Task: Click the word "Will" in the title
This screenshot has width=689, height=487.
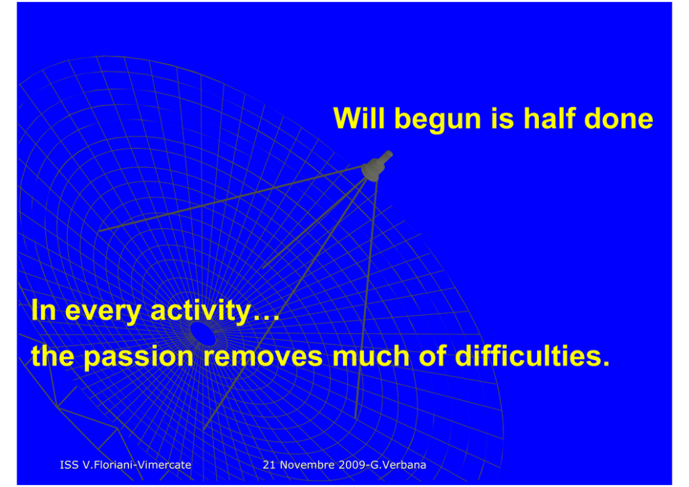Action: [359, 118]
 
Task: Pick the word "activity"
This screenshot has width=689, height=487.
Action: [200, 311]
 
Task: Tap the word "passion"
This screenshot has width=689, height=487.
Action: [138, 357]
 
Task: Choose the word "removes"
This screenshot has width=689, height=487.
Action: [263, 357]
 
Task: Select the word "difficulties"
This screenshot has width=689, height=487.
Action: [532, 355]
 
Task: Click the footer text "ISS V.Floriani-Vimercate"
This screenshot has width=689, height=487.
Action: [126, 465]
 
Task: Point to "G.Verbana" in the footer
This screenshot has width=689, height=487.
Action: [399, 465]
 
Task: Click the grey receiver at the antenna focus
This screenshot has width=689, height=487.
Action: [376, 166]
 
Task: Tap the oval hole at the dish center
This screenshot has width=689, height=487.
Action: [203, 334]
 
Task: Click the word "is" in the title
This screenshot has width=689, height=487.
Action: [502, 118]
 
